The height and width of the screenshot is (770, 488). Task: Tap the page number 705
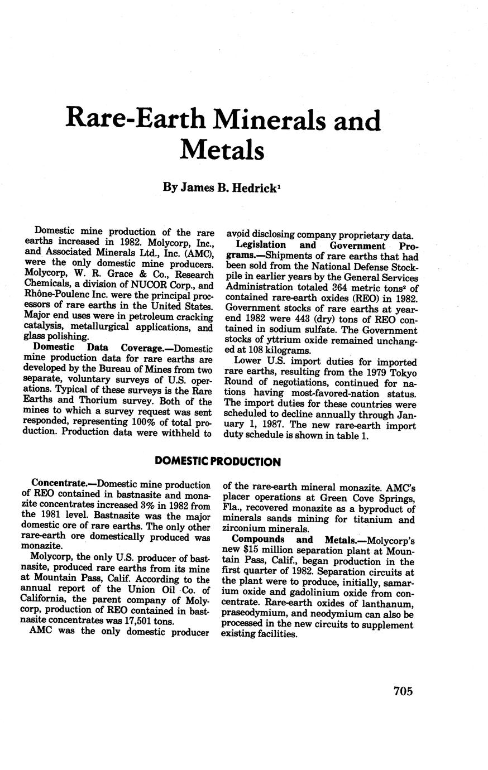coord(403,691)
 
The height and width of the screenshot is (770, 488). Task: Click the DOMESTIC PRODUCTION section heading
coord(217,461)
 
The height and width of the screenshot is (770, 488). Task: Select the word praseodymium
coord(255,614)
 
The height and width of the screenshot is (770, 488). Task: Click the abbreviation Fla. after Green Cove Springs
coord(232,509)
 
